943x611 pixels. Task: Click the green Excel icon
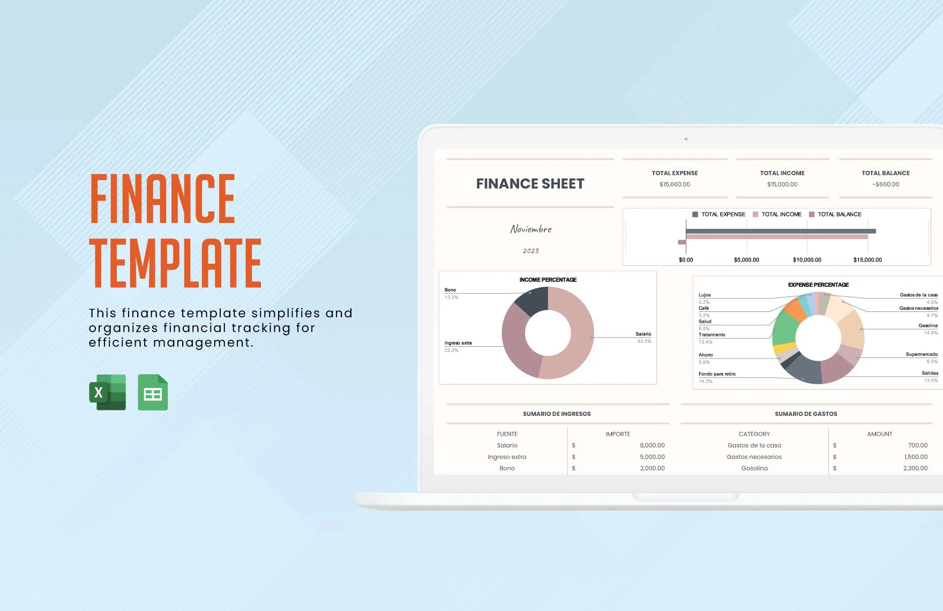pyautogui.click(x=108, y=392)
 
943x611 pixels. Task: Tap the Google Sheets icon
pyautogui.click(x=153, y=392)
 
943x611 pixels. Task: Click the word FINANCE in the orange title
pyautogui.click(x=163, y=198)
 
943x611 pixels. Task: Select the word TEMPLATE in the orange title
pyautogui.click(x=176, y=264)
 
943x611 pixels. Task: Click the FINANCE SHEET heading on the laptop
pyautogui.click(x=530, y=184)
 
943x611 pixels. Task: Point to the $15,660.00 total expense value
pyautogui.click(x=675, y=184)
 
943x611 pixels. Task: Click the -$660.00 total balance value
pyautogui.click(x=886, y=184)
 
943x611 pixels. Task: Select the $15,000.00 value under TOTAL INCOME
pyautogui.click(x=782, y=184)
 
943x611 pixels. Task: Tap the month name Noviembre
pyautogui.click(x=530, y=229)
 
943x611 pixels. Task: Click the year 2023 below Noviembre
pyautogui.click(x=530, y=251)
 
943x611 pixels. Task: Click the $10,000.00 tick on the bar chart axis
pyautogui.click(x=807, y=260)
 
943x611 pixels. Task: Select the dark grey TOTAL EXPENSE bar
pyautogui.click(x=780, y=231)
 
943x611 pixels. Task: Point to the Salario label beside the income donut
pyautogui.click(x=643, y=334)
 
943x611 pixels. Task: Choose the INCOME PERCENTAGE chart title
pyautogui.click(x=548, y=280)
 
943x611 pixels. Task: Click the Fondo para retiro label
pyautogui.click(x=717, y=374)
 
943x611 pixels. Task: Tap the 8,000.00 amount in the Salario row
pyautogui.click(x=652, y=445)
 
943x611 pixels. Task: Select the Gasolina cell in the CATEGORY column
pyautogui.click(x=754, y=468)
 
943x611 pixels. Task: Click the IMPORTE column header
pyautogui.click(x=618, y=434)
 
